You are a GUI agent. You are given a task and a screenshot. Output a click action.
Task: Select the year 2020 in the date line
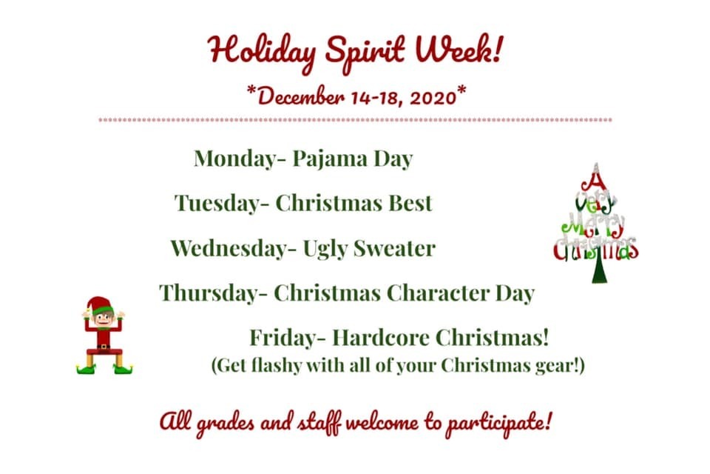(433, 98)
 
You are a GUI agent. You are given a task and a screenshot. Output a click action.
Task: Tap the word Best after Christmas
(410, 203)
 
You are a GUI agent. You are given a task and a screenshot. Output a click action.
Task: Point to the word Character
(438, 293)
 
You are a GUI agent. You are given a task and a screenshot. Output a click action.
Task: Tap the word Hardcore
(380, 338)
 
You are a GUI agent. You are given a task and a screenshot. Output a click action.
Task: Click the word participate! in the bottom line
(499, 424)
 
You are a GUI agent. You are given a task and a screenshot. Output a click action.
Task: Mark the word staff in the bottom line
(319, 424)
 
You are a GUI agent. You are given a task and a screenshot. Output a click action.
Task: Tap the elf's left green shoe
(87, 369)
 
